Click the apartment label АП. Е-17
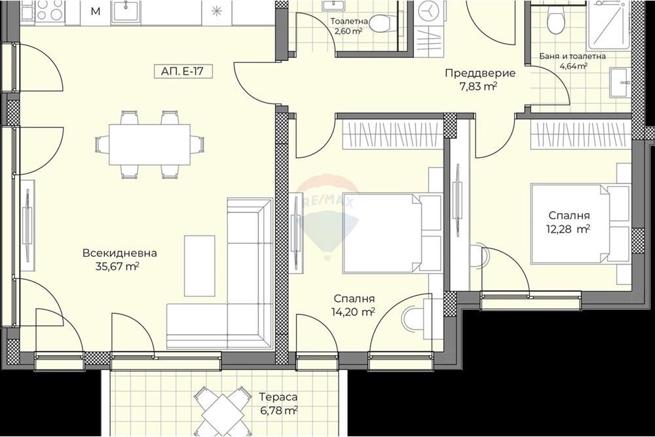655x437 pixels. (181, 71)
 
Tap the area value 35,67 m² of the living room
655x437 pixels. (117, 267)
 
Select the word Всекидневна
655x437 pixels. (119, 253)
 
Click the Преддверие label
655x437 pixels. (480, 73)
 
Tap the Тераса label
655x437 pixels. (278, 397)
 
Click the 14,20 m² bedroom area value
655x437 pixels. (354, 312)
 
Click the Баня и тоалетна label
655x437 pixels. (572, 56)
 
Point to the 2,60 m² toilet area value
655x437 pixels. (346, 31)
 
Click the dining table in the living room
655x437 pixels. (149, 145)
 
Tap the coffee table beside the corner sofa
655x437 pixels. (199, 265)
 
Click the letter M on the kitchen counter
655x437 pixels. (96, 11)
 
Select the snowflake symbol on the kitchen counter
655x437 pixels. (216, 11)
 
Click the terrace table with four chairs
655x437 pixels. (221, 411)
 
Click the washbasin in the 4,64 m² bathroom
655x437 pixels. (621, 83)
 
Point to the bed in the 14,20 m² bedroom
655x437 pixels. (392, 233)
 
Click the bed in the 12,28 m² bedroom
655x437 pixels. (580, 223)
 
